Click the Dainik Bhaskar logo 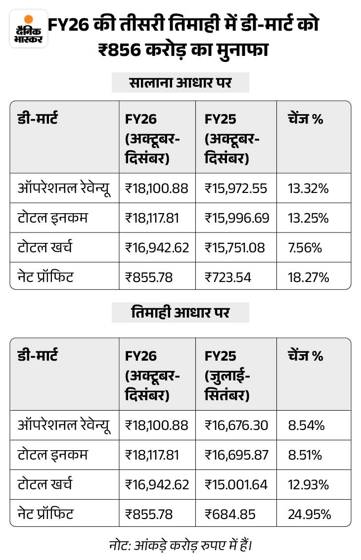29,29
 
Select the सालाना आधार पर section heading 180,83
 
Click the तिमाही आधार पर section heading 180,313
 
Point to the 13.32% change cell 308,188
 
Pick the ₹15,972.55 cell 236,188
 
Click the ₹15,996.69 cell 236,218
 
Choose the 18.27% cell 308,277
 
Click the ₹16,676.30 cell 236,425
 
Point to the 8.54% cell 306,425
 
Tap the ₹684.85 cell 230,514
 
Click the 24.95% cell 309,514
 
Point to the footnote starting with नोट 180,546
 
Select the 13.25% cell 308,218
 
